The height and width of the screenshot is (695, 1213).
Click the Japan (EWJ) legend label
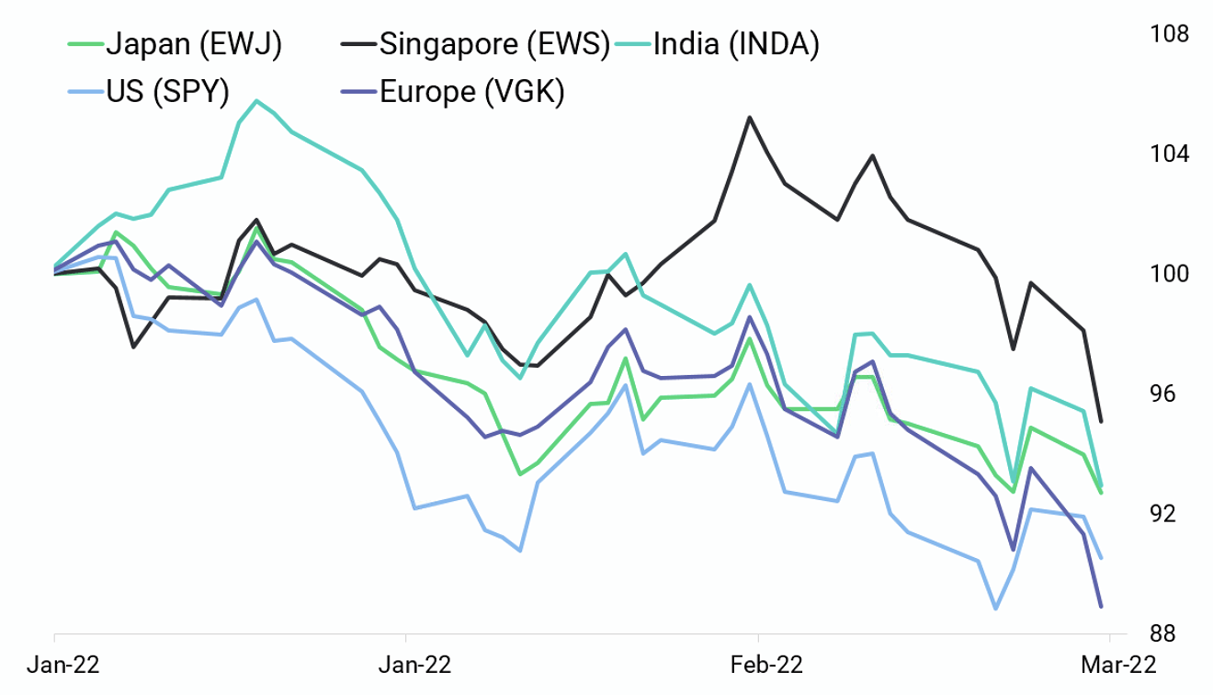[x=194, y=43]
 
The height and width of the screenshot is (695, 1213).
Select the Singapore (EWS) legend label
[x=494, y=43]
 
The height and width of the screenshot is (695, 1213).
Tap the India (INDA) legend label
[x=735, y=43]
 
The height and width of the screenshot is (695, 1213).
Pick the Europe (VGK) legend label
[x=471, y=91]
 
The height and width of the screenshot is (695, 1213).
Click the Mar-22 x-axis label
[x=1110, y=664]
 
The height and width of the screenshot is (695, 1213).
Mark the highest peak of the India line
[x=256, y=100]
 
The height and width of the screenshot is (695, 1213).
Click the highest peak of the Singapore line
[x=750, y=117]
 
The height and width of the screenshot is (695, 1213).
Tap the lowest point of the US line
[x=995, y=609]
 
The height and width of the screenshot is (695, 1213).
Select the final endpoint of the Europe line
[x=1101, y=606]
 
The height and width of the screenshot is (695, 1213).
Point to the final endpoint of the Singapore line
[x=1101, y=422]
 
